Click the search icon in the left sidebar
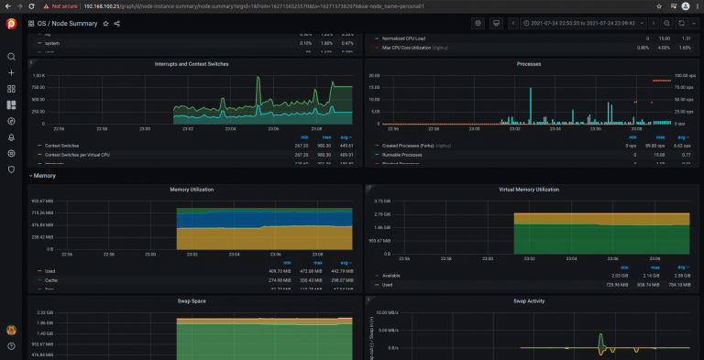(x=11, y=57)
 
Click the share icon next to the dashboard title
(x=117, y=23)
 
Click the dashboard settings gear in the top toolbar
(x=478, y=23)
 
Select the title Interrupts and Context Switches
(x=192, y=64)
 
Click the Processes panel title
(x=529, y=64)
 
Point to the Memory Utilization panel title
(x=192, y=190)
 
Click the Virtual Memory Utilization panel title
(x=529, y=190)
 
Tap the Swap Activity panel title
(x=529, y=300)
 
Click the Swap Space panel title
(x=192, y=300)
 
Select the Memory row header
(x=44, y=174)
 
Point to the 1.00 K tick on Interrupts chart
(x=39, y=76)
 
